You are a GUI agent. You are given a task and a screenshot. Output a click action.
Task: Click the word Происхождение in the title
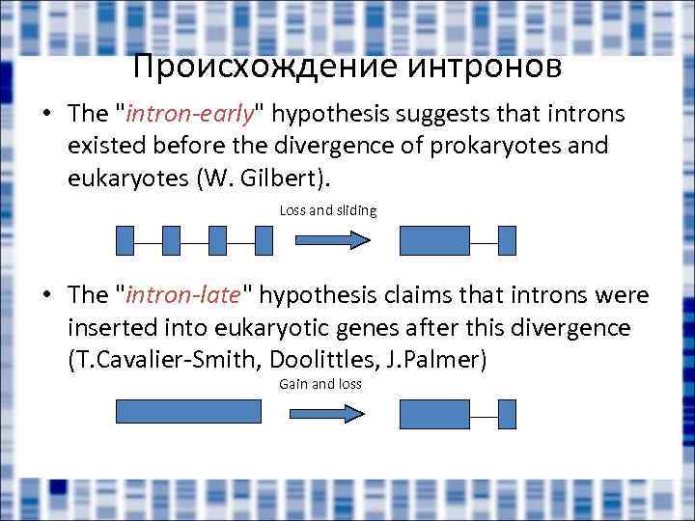[x=248, y=67]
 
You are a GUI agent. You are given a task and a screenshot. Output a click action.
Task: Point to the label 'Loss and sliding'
[x=328, y=210]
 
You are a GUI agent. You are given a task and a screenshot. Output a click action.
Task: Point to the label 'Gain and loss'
[x=320, y=384]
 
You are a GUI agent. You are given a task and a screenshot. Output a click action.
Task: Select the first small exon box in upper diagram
[x=125, y=240]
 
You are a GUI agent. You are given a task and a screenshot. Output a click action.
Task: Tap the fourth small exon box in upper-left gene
[x=264, y=240]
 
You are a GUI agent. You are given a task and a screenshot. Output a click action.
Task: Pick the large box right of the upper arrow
[x=434, y=240]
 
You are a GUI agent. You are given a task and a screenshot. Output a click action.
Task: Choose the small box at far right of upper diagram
[x=507, y=240]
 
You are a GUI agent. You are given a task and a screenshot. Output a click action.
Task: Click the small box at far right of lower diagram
[x=507, y=414]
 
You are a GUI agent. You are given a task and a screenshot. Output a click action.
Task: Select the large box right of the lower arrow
[x=434, y=414]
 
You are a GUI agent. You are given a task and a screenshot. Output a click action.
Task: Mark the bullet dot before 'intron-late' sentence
[x=47, y=294]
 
